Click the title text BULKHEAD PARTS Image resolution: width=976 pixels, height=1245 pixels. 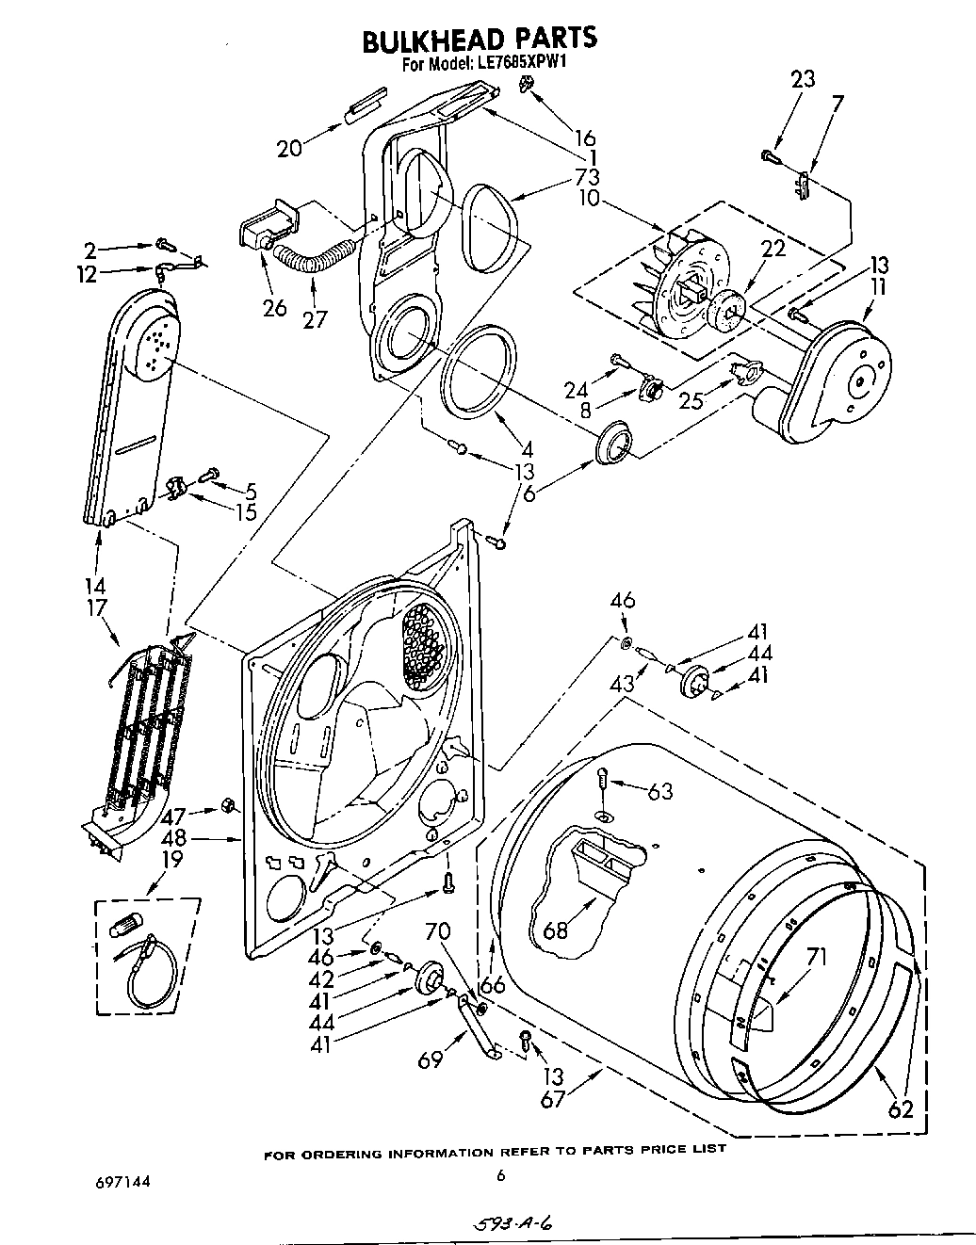pos(480,39)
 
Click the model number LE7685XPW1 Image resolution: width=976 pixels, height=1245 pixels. pos(511,65)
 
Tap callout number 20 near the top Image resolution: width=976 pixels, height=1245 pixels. pos(289,148)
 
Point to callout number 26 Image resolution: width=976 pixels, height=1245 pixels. pos(275,308)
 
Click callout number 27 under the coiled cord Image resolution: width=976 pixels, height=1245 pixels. pos(315,319)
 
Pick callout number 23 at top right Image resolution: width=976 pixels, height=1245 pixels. pos(803,80)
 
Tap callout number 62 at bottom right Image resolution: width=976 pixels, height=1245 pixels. pos(901,1109)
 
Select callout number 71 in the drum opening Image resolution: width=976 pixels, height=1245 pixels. pos(816,959)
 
